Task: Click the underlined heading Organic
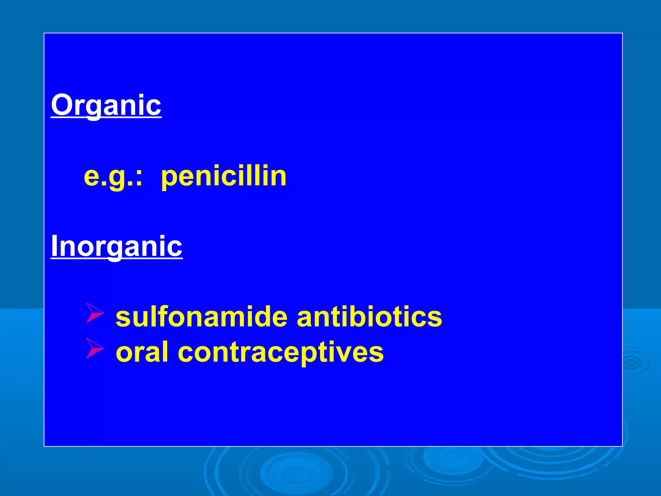[x=106, y=105]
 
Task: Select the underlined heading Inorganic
[x=117, y=246]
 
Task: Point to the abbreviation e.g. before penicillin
[x=110, y=177]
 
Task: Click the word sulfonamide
[x=201, y=317]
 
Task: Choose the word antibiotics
[x=369, y=317]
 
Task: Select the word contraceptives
[x=280, y=353]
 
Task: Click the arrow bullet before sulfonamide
[x=95, y=313]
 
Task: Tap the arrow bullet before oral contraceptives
[x=95, y=348]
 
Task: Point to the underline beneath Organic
[x=106, y=118]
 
